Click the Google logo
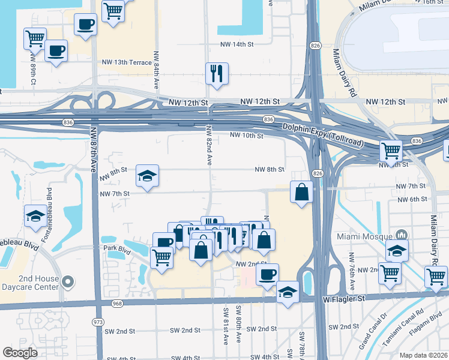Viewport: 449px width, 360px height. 20,353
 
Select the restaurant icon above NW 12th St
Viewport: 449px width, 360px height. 215,74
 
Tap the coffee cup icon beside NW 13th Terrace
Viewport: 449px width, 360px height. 56,50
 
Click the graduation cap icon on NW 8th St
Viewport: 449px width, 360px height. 147,176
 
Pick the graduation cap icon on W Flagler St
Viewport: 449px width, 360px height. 288,293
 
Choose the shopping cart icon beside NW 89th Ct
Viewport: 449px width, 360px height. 35,39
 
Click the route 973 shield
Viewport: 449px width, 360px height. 98,322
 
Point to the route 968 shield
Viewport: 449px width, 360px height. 117,304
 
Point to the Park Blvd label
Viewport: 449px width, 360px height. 116,248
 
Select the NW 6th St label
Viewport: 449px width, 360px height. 411,199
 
